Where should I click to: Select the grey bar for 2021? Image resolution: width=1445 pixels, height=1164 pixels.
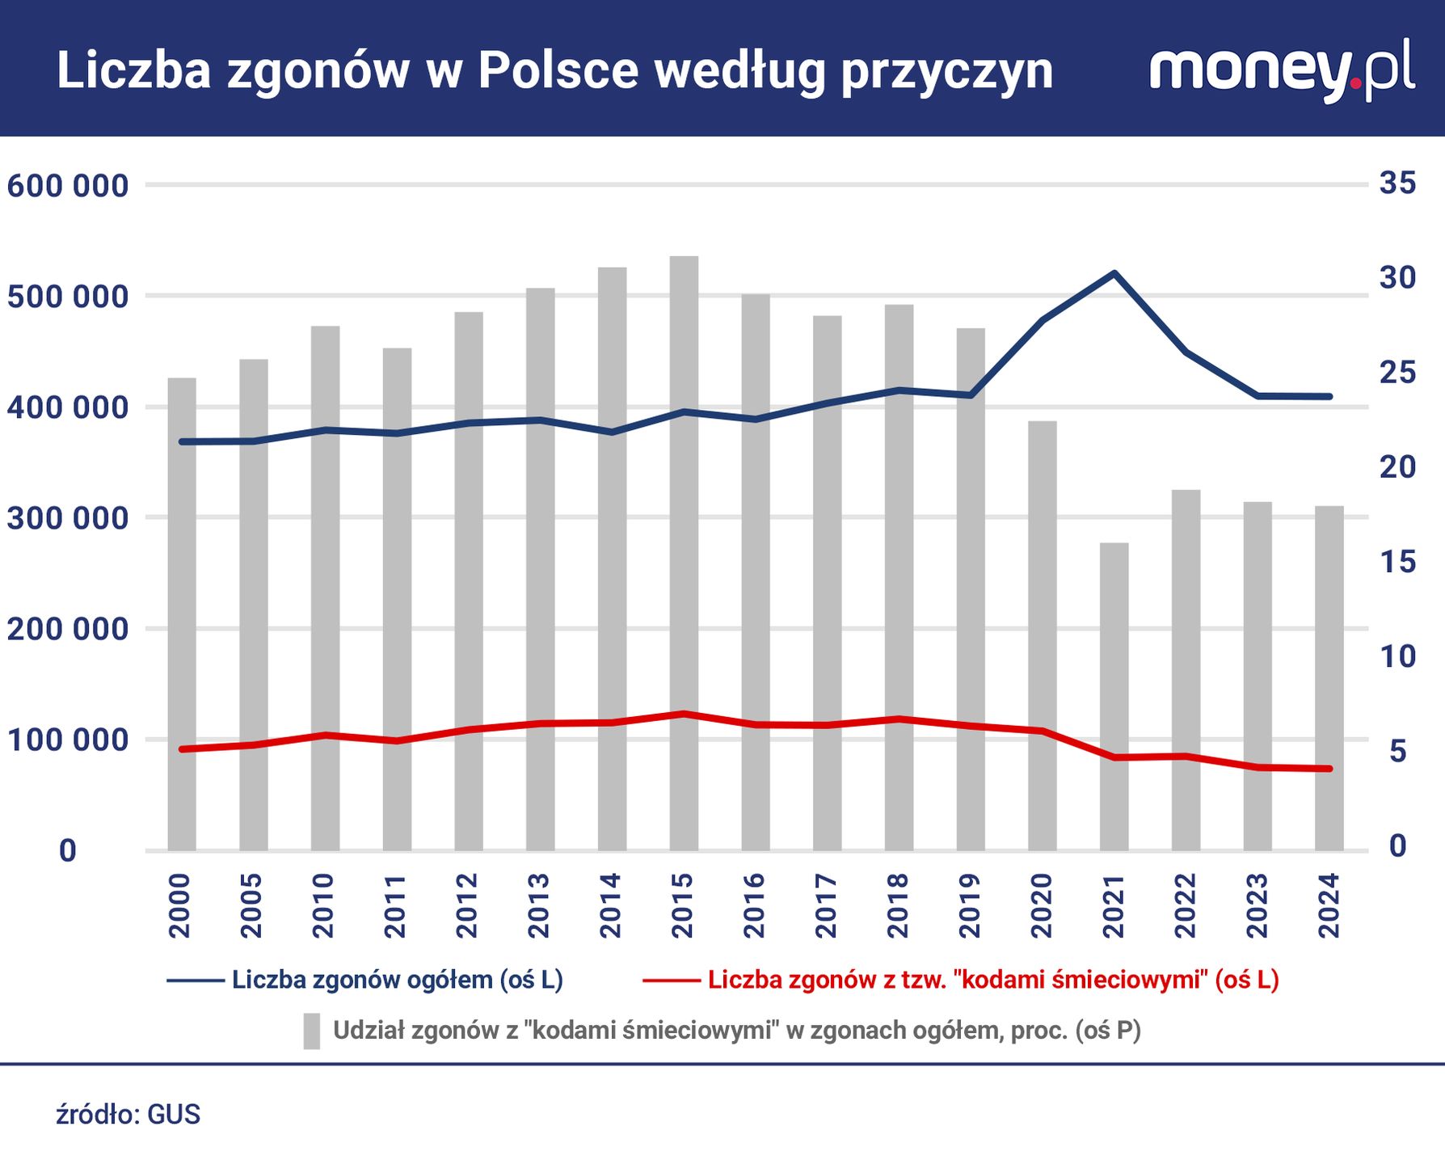[x=1114, y=695]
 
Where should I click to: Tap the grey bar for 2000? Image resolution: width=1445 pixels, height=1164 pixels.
[x=182, y=614]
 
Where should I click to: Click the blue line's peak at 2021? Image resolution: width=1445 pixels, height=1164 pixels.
[x=1114, y=273]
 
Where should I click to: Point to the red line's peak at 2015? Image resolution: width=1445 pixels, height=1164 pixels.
[x=684, y=714]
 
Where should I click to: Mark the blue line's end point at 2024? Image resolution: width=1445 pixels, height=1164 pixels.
[x=1329, y=396]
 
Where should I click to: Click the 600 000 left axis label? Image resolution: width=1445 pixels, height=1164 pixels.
[x=68, y=186]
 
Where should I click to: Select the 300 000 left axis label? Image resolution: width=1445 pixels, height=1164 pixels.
[x=68, y=518]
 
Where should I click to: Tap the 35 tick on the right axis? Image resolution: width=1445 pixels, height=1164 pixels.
[x=1397, y=183]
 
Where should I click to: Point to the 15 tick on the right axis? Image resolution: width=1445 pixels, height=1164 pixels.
[x=1397, y=562]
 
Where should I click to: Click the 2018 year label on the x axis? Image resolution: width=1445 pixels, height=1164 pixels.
[x=898, y=905]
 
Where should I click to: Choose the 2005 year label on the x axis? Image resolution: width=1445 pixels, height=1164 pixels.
[x=252, y=905]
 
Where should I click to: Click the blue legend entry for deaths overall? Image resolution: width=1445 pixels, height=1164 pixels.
[x=396, y=980]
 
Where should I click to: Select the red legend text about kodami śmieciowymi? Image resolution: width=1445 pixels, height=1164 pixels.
[x=993, y=980]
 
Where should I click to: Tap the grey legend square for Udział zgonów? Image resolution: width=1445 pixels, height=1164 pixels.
[x=312, y=1031]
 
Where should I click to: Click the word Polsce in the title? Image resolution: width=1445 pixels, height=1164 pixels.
[x=558, y=71]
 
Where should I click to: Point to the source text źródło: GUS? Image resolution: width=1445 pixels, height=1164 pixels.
[x=128, y=1115]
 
